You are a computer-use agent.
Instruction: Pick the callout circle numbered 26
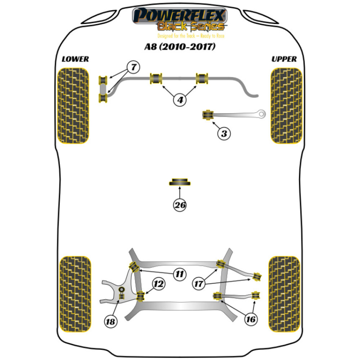pos(180,206)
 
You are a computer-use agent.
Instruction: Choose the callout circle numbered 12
pos(159,284)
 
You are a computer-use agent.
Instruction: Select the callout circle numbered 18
pos(111,322)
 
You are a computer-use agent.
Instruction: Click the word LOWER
pos(75,59)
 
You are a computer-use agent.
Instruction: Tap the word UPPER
pos(284,59)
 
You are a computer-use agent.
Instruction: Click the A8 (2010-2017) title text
pos(180,47)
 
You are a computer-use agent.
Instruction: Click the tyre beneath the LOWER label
pos(73,106)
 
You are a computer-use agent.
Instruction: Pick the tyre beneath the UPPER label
pos(286,106)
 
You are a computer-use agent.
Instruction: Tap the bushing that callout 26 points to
pos(180,182)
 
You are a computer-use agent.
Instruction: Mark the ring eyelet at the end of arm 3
pos(262,114)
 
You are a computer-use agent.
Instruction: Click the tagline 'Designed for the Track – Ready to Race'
pos(180,36)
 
